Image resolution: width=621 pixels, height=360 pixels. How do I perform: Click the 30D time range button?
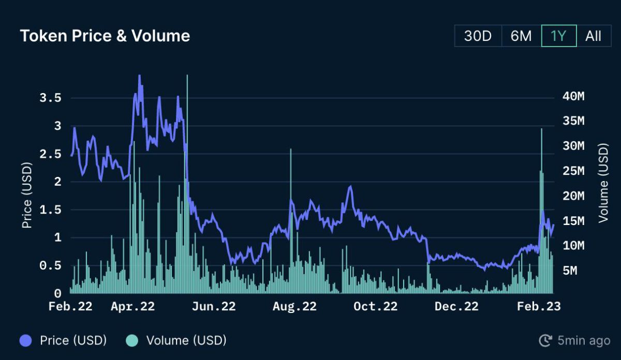(x=478, y=36)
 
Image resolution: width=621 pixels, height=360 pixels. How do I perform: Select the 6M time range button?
(x=521, y=36)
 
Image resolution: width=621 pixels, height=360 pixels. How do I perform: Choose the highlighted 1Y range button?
(x=559, y=36)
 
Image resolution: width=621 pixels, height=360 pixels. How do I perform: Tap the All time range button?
(x=593, y=36)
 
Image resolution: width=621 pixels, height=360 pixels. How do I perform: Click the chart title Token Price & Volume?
(x=105, y=36)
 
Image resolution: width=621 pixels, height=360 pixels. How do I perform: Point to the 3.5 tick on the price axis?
(x=51, y=98)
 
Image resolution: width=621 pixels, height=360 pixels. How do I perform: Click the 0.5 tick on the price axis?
(x=51, y=266)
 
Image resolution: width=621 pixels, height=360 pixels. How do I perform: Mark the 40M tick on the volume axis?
(x=573, y=97)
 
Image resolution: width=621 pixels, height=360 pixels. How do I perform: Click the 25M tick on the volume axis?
(x=573, y=171)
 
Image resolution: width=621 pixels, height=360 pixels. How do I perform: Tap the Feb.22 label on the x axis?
(x=70, y=306)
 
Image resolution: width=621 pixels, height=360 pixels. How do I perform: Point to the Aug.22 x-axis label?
(x=294, y=306)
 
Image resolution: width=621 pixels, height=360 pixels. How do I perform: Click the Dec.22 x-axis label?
(x=456, y=306)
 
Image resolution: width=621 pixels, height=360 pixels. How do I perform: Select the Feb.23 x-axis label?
(x=538, y=306)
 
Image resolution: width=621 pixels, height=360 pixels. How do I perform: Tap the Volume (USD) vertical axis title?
(x=603, y=183)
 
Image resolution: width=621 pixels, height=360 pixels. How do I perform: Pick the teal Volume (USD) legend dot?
(x=132, y=340)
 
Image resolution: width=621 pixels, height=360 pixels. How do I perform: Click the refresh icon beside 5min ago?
(x=545, y=340)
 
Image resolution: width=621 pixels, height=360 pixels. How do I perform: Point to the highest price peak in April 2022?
(x=139, y=76)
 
